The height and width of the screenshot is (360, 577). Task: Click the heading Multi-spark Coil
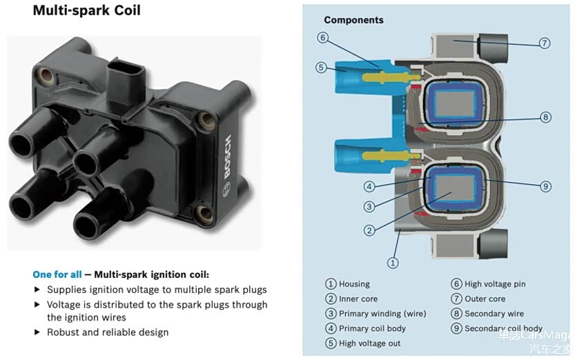click(x=86, y=11)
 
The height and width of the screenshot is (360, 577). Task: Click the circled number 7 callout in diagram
click(x=545, y=43)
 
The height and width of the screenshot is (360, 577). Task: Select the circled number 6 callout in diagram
click(x=322, y=37)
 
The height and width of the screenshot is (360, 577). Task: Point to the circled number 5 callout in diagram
click(x=321, y=67)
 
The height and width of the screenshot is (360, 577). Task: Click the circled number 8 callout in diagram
click(x=546, y=117)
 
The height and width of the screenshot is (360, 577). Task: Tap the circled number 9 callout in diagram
click(x=545, y=186)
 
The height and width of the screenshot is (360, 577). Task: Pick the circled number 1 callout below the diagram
click(x=393, y=262)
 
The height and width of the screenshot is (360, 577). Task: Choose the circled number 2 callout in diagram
click(x=369, y=230)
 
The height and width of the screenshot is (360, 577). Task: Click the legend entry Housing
click(x=354, y=284)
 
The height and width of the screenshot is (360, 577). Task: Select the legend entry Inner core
click(x=358, y=299)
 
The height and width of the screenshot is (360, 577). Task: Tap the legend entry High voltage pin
click(x=494, y=284)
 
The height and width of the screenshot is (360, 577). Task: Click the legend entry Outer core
click(x=485, y=299)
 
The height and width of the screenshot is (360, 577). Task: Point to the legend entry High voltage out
click(x=369, y=343)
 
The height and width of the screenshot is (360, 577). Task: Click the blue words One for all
click(x=57, y=274)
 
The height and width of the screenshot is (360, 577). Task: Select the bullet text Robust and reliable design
click(x=108, y=332)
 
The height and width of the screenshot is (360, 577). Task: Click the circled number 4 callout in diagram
click(x=369, y=186)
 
